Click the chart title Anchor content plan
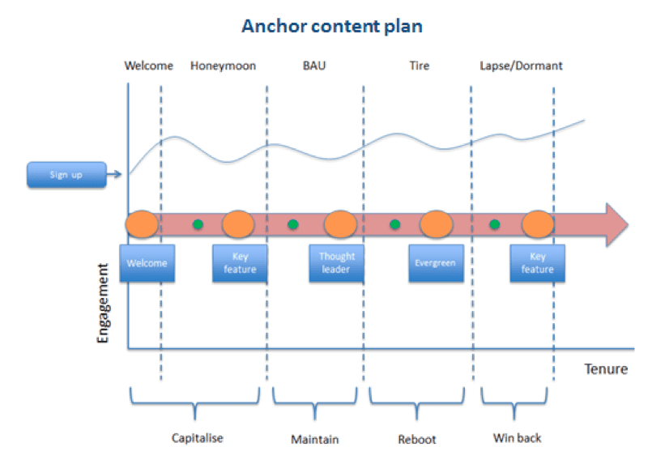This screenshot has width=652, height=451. pyautogui.click(x=332, y=25)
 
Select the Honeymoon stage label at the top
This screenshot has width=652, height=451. pyautogui.click(x=223, y=66)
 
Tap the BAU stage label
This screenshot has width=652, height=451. pyautogui.click(x=315, y=66)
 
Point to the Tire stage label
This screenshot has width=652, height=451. pyautogui.click(x=419, y=66)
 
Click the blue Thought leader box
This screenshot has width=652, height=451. pyautogui.click(x=336, y=263)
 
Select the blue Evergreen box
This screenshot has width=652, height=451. pyautogui.click(x=435, y=263)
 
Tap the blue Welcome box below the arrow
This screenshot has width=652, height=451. pyautogui.click(x=147, y=263)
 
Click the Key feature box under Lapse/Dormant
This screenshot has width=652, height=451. pyautogui.click(x=537, y=263)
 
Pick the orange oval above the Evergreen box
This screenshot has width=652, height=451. pyautogui.click(x=436, y=223)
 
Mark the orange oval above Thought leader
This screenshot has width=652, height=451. pyautogui.click(x=340, y=223)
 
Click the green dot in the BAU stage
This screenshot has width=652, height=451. pyautogui.click(x=292, y=224)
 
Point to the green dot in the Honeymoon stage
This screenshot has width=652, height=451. pyautogui.click(x=197, y=224)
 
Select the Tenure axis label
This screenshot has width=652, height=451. pyautogui.click(x=605, y=369)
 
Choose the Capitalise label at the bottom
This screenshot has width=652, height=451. pyautogui.click(x=197, y=438)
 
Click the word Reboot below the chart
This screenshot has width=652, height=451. pyautogui.click(x=416, y=439)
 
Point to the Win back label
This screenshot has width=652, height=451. pyautogui.click(x=516, y=438)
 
